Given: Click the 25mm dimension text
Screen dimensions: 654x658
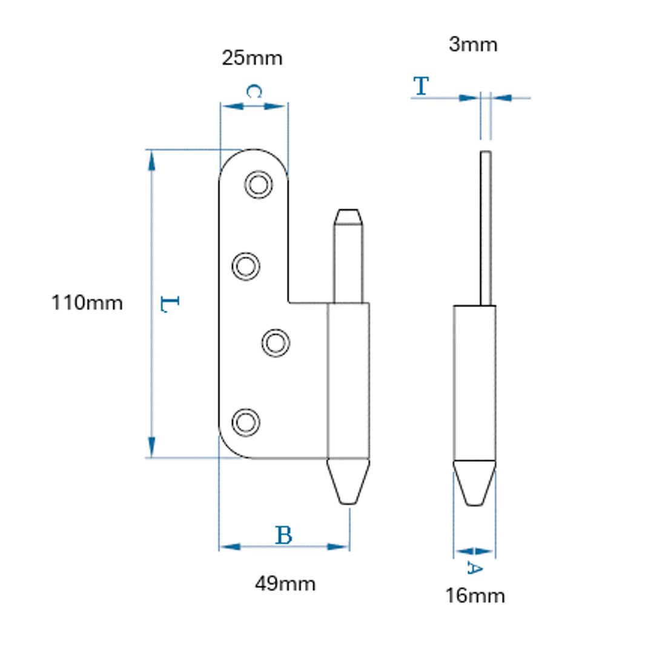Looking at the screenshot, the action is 252,58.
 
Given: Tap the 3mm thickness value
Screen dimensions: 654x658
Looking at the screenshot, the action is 473,45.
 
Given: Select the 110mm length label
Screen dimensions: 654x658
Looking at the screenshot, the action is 87,302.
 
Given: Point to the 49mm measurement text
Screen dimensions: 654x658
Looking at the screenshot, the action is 285,584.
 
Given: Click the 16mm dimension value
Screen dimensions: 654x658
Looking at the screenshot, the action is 475,596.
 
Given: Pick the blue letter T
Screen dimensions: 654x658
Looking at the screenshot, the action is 421,86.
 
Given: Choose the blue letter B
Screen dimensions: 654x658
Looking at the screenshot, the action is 284,535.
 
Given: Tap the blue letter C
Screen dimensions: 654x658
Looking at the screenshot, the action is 254,91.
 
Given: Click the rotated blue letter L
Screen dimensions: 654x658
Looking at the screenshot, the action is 170,304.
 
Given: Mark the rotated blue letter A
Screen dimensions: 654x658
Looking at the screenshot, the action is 475,568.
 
